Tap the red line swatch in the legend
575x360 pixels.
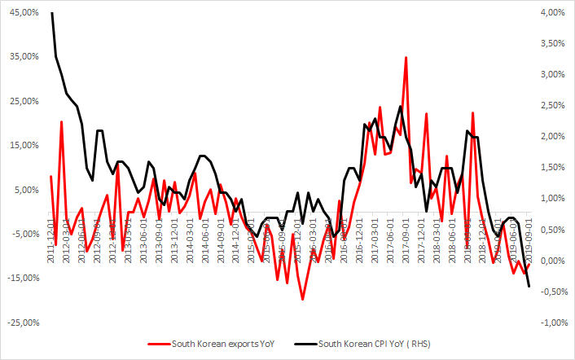tap(158, 345)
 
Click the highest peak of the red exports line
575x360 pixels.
tap(406, 57)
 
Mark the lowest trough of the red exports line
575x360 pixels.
tap(303, 300)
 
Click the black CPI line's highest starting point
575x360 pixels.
tap(51, 13)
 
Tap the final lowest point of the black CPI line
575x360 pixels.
tap(529, 286)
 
